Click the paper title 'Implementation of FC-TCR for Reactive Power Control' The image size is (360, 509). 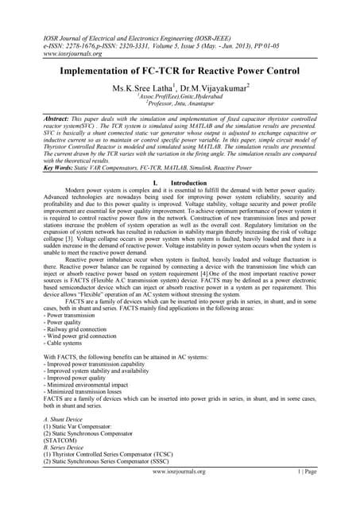pos(180,70)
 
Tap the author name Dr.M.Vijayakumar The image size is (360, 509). pos(217,87)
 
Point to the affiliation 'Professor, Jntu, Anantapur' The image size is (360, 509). pos(180,105)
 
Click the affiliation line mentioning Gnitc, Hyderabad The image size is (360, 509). pos(180,98)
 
